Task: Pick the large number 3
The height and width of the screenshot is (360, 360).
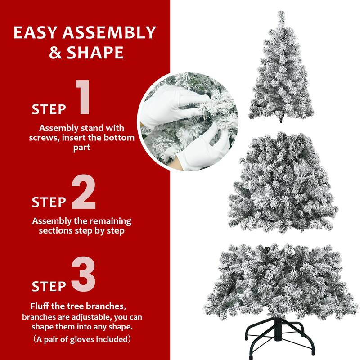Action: (x=83, y=274)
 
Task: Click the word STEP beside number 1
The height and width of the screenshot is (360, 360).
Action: (x=49, y=109)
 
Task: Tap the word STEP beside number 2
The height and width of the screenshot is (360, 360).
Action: (x=49, y=202)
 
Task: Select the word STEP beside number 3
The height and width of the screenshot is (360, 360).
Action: (x=49, y=286)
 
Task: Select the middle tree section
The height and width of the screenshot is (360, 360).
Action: (x=282, y=184)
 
